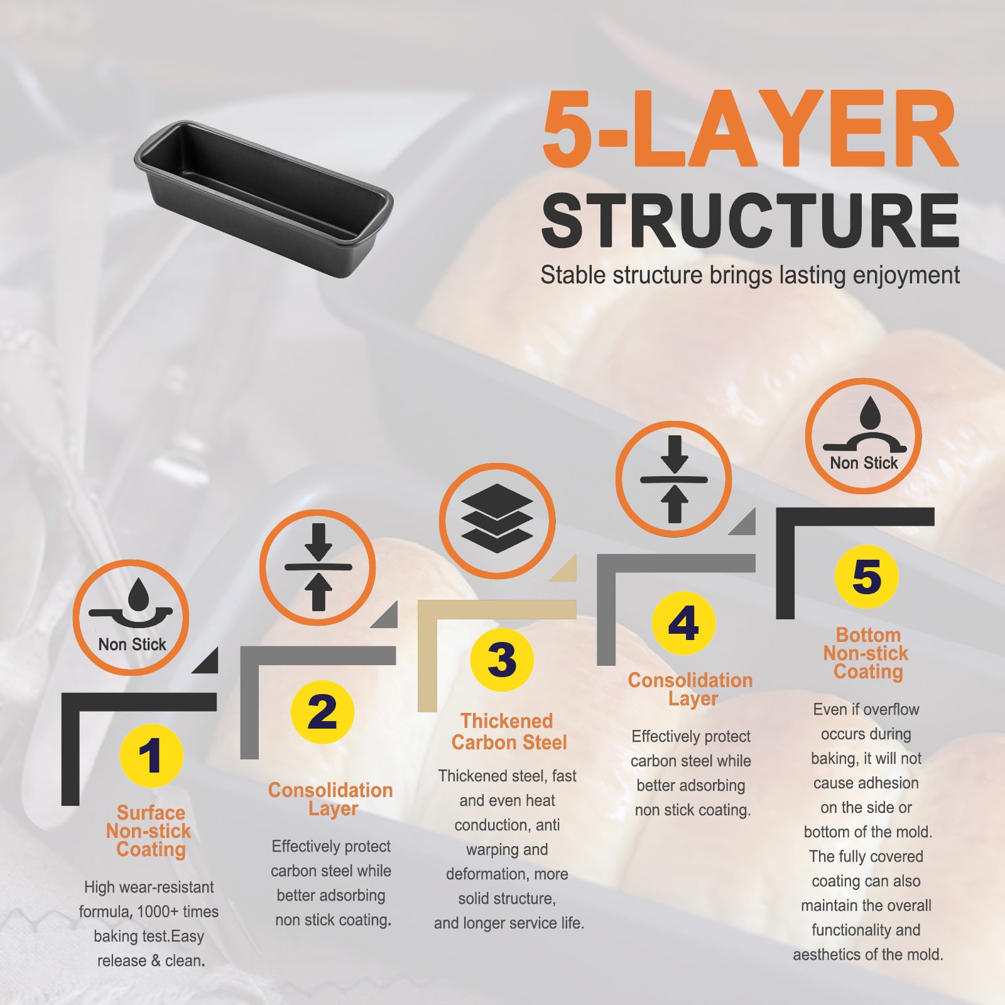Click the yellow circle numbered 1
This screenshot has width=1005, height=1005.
pos(151,756)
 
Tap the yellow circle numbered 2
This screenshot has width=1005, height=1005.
pos(322,712)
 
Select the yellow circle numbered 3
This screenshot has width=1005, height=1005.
pos(502,660)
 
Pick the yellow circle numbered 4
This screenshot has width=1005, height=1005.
pos(683,624)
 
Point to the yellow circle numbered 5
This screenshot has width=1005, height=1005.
pos(867,577)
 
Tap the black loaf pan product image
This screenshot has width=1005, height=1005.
pos(263,198)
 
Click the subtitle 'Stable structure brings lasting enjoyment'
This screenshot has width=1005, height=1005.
pos(750,275)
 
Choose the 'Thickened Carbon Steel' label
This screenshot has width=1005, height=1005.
pos(509,732)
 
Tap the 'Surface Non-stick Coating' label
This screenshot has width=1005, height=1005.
pos(149,831)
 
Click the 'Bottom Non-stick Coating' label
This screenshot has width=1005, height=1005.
pos(867,653)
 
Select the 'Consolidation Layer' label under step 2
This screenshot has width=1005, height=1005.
pos(331,799)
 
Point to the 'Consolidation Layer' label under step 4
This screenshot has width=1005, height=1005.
pos(691,689)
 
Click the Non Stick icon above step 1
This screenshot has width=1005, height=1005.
pos(131,617)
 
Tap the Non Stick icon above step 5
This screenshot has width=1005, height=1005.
pos(864,436)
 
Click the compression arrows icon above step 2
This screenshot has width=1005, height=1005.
pos(318,567)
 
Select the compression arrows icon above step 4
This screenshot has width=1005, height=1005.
pos(673,479)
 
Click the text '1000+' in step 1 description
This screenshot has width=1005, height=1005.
pos(159,911)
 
